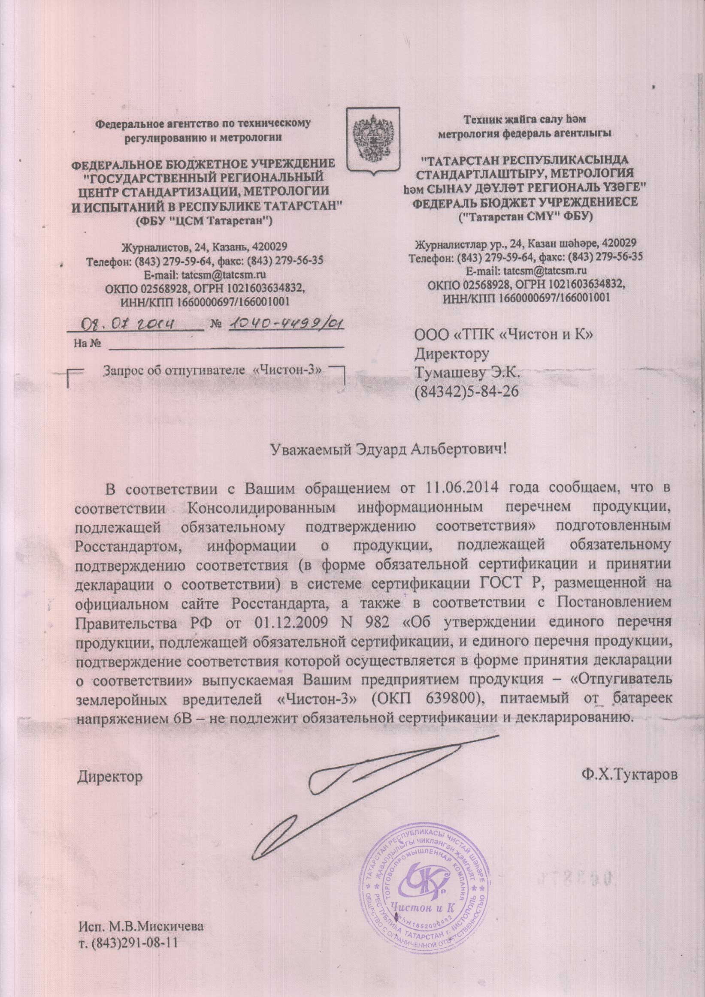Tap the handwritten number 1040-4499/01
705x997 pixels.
(287, 323)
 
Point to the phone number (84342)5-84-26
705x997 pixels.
(467, 391)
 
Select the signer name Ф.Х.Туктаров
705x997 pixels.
(630, 775)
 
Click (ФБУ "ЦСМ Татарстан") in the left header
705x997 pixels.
(203, 221)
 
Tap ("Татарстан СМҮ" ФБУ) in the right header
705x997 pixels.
(526, 216)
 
